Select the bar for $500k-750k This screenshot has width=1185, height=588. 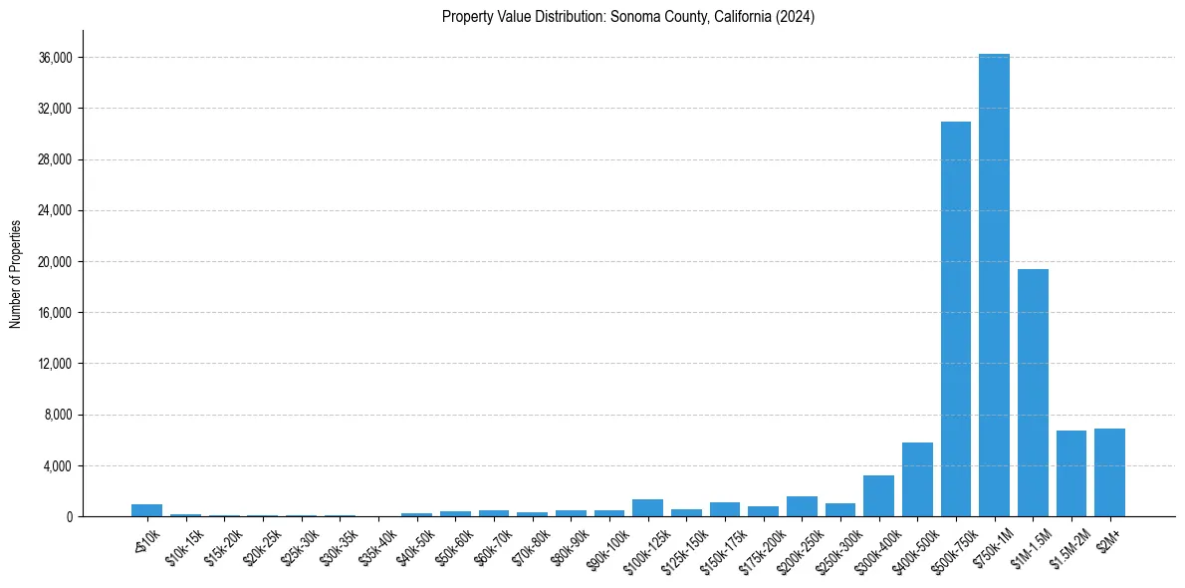(956, 319)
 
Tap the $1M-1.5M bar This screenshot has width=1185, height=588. (1033, 393)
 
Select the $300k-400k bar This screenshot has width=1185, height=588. (878, 496)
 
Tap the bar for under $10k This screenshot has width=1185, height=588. (146, 510)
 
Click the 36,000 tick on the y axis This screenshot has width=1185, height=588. (56, 58)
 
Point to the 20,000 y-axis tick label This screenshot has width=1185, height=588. (56, 262)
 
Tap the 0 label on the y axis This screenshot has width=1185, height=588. (69, 517)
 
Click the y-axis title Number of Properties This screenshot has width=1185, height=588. (15, 273)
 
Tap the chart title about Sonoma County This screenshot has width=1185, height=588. (628, 17)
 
